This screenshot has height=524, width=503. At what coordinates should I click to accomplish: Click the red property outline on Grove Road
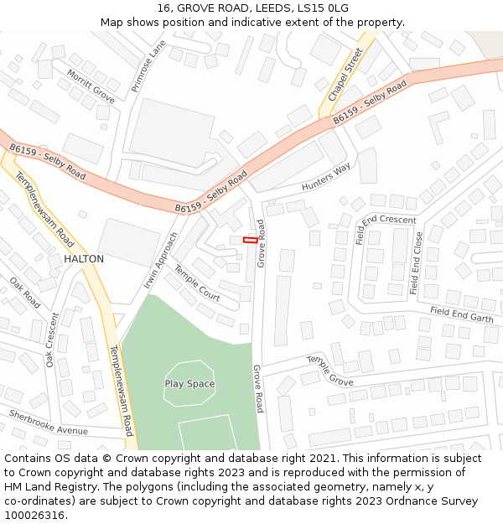coord(250,241)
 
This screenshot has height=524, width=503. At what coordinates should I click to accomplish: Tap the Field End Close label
coord(417,263)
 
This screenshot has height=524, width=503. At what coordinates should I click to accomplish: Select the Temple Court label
coord(197,283)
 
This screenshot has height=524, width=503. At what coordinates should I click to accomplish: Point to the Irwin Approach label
coord(161,261)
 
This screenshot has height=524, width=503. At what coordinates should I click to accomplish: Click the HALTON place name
coord(84,259)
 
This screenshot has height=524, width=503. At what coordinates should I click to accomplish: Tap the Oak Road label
coord(25,293)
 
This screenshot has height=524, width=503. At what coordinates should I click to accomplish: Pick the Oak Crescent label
coord(52,340)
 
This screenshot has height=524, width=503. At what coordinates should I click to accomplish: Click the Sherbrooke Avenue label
coord(49,423)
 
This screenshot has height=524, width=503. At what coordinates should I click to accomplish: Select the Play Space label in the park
coord(189,384)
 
